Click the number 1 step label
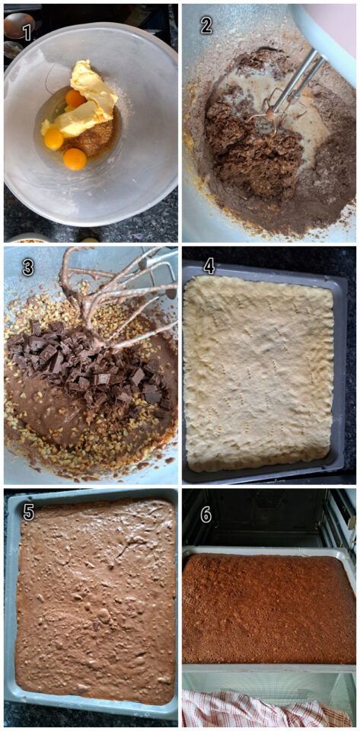[27, 33]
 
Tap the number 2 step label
[206, 26]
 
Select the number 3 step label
[28, 267]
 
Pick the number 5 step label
[28, 512]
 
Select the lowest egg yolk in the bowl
[75, 158]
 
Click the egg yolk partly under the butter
[75, 98]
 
